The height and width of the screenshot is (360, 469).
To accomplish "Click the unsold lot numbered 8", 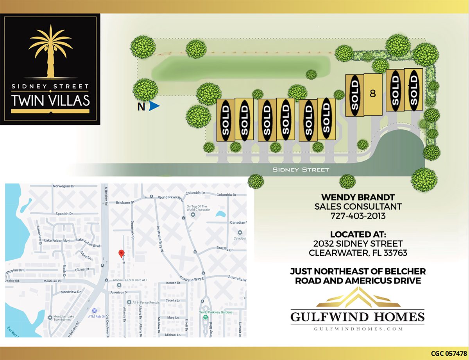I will coord(372,94).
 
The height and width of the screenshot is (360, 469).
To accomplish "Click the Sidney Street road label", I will coord(301,170).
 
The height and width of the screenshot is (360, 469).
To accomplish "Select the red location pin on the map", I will coord(121,253).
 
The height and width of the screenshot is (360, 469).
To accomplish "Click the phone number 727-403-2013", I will coord(358,215).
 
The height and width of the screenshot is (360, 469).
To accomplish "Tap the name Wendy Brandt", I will coord(358,197).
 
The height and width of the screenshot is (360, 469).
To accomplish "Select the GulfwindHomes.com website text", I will coord(358,329).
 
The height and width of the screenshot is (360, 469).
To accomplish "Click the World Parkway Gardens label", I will coord(216,312).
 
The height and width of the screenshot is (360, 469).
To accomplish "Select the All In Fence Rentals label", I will coord(146,302).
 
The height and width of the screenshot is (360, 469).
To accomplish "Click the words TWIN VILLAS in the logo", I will coord(50,100).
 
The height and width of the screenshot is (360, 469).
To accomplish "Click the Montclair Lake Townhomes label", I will coord(63,319).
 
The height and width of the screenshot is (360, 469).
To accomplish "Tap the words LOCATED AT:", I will coord(358,235).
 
